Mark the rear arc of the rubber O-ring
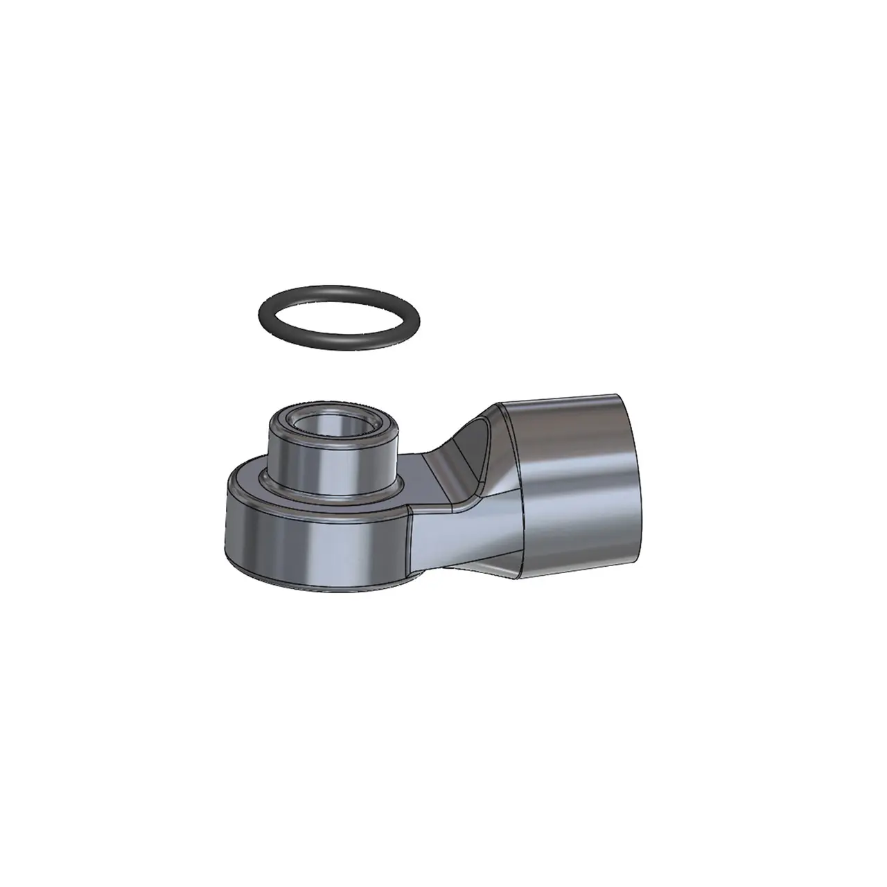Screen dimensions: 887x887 pos(340,291)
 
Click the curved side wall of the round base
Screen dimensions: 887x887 pos(312,547)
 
